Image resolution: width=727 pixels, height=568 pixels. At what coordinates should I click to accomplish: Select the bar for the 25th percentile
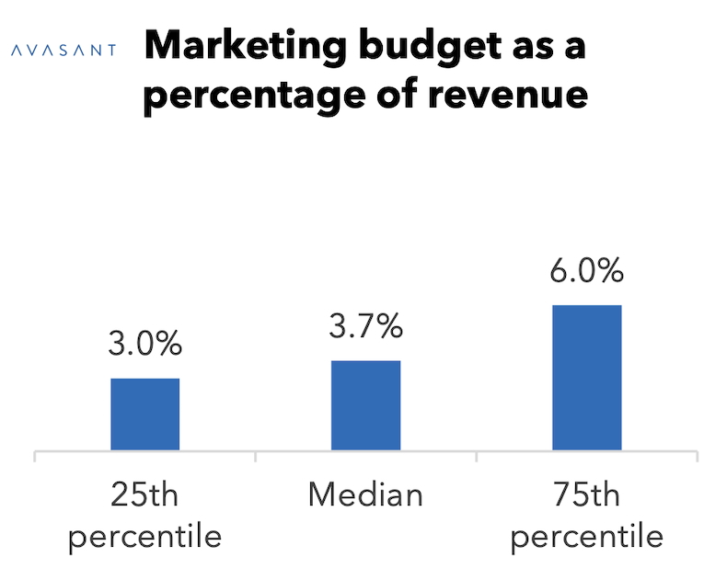[x=145, y=415]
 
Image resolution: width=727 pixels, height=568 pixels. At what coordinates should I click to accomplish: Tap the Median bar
[x=365, y=405]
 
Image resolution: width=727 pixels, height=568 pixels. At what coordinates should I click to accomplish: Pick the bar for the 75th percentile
[x=587, y=378]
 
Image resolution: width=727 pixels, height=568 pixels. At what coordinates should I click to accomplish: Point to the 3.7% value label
[x=365, y=326]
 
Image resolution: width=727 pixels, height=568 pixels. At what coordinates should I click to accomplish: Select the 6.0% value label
[x=587, y=272]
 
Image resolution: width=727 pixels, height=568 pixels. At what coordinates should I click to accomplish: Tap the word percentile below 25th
[x=145, y=536]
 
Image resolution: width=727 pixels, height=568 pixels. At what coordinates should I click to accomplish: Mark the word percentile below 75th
[x=587, y=536]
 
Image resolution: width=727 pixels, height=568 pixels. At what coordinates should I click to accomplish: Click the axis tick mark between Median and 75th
[x=477, y=456]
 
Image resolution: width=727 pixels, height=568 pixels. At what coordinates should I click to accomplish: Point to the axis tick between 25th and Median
[x=256, y=456]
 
